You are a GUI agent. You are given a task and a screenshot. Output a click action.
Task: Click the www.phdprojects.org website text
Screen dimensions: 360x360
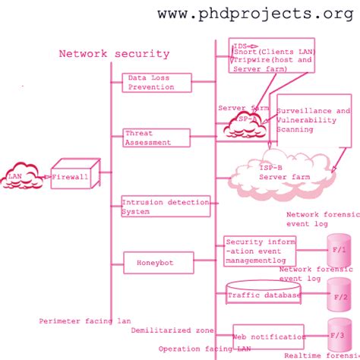tap(261, 14)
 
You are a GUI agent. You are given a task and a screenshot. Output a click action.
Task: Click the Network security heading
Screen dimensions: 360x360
tap(114, 54)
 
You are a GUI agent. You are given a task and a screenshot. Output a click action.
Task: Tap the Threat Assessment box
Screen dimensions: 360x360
tap(156, 137)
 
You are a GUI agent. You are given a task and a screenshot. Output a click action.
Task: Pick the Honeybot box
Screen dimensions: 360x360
tap(155, 263)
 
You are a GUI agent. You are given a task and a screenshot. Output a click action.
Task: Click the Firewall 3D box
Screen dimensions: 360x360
tap(74, 178)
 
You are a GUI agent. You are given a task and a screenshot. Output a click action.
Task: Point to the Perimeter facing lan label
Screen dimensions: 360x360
tap(85, 321)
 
